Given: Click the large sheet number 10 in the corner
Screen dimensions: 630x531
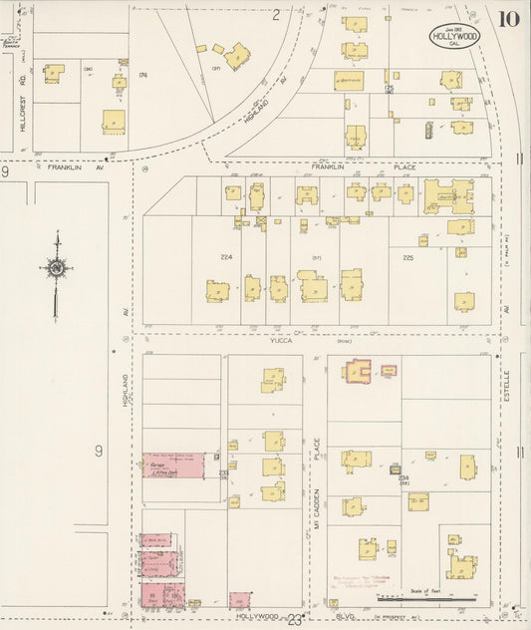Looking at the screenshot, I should [508, 17].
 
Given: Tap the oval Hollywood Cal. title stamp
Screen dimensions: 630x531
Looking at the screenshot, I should [453, 37].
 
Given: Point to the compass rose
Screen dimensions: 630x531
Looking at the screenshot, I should [57, 267].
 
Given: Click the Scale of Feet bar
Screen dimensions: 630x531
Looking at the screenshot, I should [438, 595].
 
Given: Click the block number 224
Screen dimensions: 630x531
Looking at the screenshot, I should [226, 256].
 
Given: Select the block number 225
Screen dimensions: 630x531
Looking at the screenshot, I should [407, 256].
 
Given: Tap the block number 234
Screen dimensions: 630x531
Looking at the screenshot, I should [403, 478].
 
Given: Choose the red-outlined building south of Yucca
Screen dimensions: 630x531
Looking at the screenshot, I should [360, 371].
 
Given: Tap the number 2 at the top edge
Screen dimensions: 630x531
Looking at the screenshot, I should [276, 14].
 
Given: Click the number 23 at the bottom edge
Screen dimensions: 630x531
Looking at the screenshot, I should [295, 621].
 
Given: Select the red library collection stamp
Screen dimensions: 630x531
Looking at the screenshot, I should [364, 581].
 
